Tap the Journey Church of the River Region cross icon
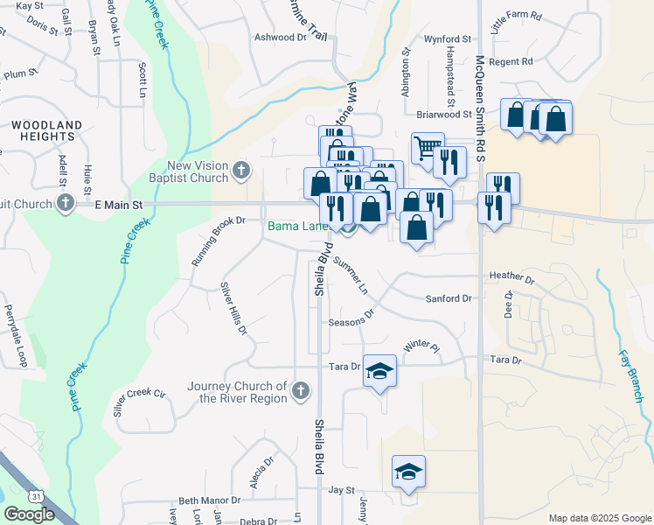tap(301, 390)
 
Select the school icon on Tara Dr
tap(379, 371)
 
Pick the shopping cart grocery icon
tap(428, 148)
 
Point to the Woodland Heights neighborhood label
tap(47, 131)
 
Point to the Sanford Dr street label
tap(449, 298)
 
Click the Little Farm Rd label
tap(517, 29)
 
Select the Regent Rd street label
tap(511, 62)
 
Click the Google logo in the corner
tap(28, 514)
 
